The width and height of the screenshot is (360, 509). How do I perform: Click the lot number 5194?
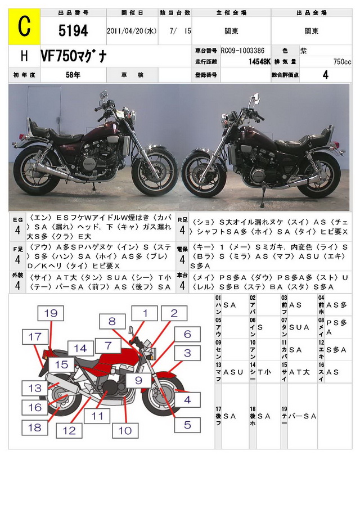[x=73, y=31]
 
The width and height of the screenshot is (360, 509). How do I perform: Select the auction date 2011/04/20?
[x=131, y=31]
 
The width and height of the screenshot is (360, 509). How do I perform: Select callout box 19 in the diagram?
[x=51, y=314]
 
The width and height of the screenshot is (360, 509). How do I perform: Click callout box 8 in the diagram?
[x=112, y=322]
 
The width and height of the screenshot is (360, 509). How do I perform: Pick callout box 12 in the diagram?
[x=69, y=430]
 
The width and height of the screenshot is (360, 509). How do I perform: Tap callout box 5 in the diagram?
[x=187, y=425]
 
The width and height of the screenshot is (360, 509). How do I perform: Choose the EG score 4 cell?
[x=18, y=229]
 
